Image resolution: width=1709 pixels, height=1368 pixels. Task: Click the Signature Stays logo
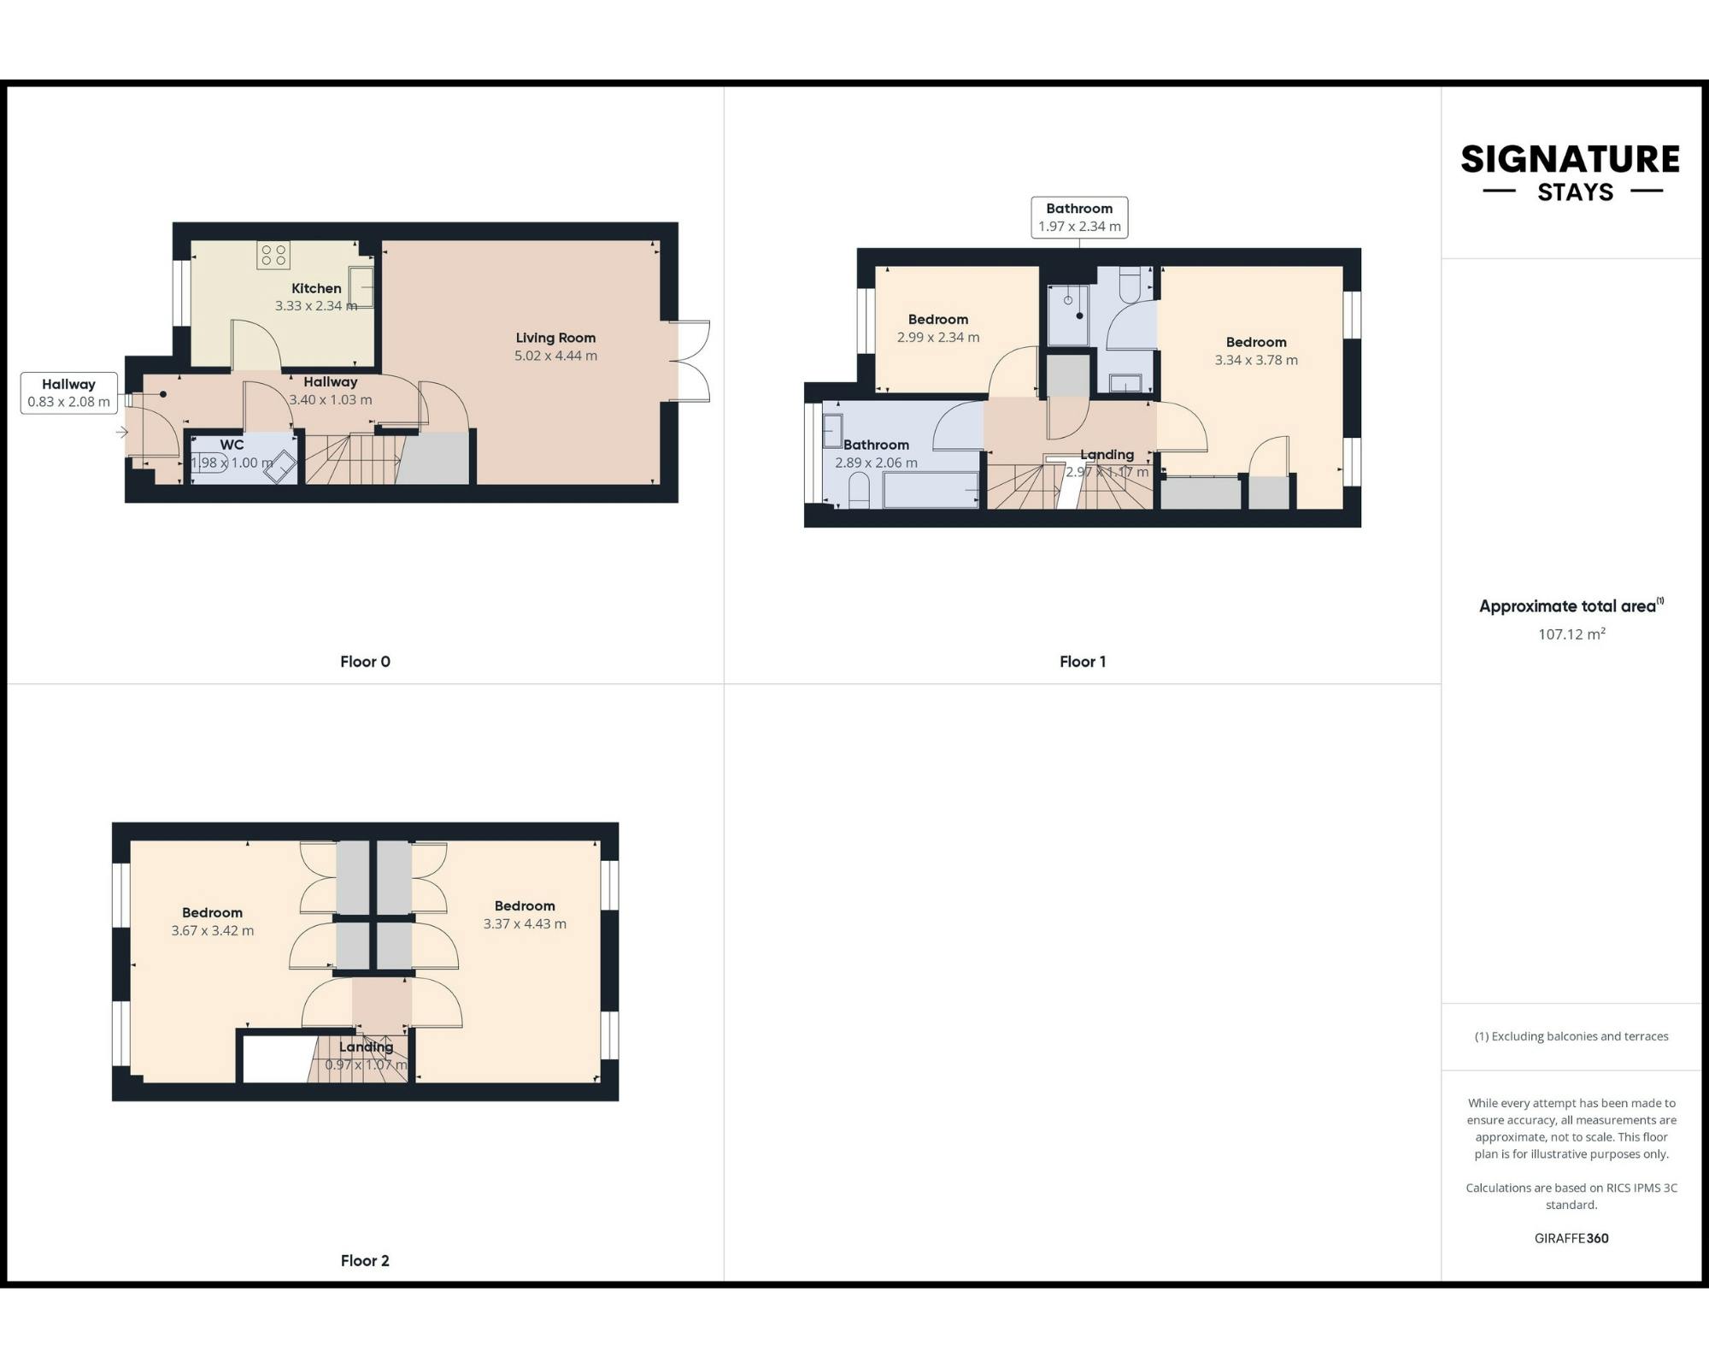(x=1571, y=173)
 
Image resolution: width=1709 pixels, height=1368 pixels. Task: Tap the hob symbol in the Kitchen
(x=273, y=255)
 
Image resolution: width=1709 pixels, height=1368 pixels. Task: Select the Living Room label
(x=555, y=338)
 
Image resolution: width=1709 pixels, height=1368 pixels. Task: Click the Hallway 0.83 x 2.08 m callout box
(x=68, y=392)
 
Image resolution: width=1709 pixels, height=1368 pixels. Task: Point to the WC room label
(x=232, y=445)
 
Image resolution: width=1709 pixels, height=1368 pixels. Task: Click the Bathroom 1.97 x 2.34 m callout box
(x=1079, y=217)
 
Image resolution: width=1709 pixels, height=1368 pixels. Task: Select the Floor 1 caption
(x=1083, y=661)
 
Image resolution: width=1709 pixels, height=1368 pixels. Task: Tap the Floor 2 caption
(x=365, y=1260)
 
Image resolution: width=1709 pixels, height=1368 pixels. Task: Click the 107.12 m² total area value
(x=1571, y=634)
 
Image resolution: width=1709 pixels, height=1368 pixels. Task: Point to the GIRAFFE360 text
(x=1571, y=1238)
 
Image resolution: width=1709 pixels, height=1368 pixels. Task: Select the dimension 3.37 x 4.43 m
(x=525, y=923)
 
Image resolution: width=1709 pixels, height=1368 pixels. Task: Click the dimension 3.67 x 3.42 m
(x=212, y=930)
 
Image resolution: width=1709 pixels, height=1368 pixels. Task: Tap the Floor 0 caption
(x=365, y=661)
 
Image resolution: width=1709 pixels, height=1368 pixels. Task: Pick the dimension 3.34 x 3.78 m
(x=1256, y=360)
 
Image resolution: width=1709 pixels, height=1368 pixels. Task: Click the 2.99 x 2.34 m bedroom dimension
(x=938, y=337)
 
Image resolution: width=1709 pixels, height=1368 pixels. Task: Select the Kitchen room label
(x=316, y=288)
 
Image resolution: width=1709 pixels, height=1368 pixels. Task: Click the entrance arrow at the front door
(x=122, y=432)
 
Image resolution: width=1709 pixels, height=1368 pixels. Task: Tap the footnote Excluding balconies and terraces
(x=1571, y=1036)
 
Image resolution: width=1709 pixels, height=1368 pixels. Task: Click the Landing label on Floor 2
(x=366, y=1047)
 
